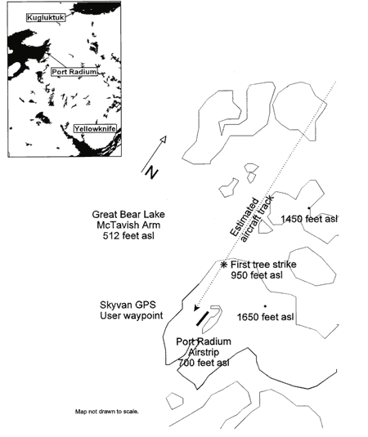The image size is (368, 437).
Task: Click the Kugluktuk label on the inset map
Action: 46,17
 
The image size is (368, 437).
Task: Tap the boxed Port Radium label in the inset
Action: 74,72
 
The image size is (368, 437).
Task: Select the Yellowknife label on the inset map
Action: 95,129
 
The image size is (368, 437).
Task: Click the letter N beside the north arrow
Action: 151,172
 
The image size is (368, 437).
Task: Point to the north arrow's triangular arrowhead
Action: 164,140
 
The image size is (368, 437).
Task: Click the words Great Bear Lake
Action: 128,214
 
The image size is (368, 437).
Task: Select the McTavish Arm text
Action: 128,225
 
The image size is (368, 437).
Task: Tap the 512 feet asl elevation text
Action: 128,236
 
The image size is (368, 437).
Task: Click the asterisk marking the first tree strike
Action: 223,265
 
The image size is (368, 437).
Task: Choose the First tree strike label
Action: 263,264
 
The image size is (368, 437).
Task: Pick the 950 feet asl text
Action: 257,275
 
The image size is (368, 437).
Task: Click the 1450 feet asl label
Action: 309,219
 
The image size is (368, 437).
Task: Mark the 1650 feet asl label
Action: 265,317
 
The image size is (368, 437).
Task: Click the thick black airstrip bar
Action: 202,319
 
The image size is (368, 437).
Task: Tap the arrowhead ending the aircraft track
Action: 196,308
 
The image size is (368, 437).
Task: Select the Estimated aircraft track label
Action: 252,219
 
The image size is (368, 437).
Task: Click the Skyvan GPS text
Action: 128,305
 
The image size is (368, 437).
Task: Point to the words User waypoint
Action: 132,315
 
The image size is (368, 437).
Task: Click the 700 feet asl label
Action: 204,363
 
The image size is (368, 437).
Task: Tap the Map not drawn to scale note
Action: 107,412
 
